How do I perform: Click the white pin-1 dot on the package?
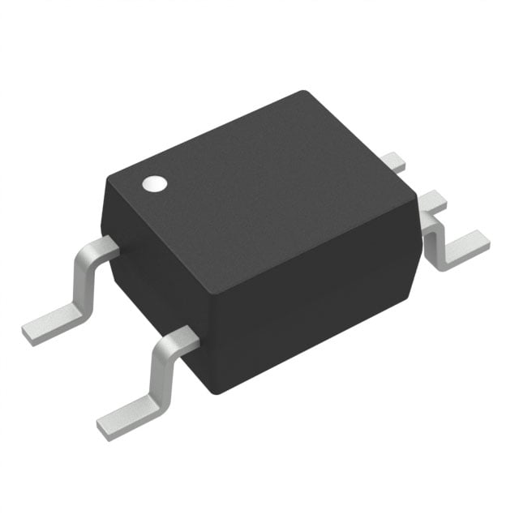[153, 184]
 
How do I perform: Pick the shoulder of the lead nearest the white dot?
[101, 247]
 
